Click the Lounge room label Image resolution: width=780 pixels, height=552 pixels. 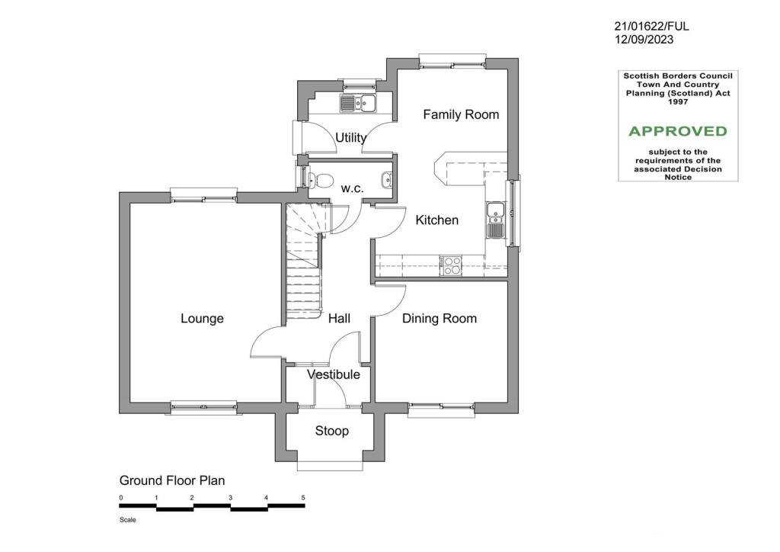[x=202, y=319]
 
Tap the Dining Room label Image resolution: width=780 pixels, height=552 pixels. [x=440, y=319]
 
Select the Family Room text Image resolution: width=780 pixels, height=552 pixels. [x=461, y=114]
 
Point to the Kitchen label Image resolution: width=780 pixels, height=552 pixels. [x=436, y=220]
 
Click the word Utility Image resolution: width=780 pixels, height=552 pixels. [x=351, y=138]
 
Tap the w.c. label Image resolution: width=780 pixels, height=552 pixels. [x=352, y=188]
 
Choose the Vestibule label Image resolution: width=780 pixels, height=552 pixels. [x=334, y=374]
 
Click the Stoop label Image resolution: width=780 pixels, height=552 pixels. [x=332, y=432]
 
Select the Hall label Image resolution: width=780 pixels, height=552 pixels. [x=339, y=319]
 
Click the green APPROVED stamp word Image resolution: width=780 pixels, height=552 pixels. [x=677, y=131]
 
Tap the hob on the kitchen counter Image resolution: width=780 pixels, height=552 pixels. [x=451, y=265]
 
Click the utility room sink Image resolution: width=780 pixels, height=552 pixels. [x=357, y=103]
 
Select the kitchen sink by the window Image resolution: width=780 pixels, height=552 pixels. [x=495, y=220]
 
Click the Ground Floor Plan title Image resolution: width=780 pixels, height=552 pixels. [x=172, y=480]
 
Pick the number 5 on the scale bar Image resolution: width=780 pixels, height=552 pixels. [x=303, y=498]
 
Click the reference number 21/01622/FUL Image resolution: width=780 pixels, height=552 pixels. [x=651, y=26]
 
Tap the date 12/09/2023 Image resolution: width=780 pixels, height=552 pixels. [x=644, y=40]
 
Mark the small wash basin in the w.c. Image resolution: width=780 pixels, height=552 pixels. [x=387, y=181]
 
